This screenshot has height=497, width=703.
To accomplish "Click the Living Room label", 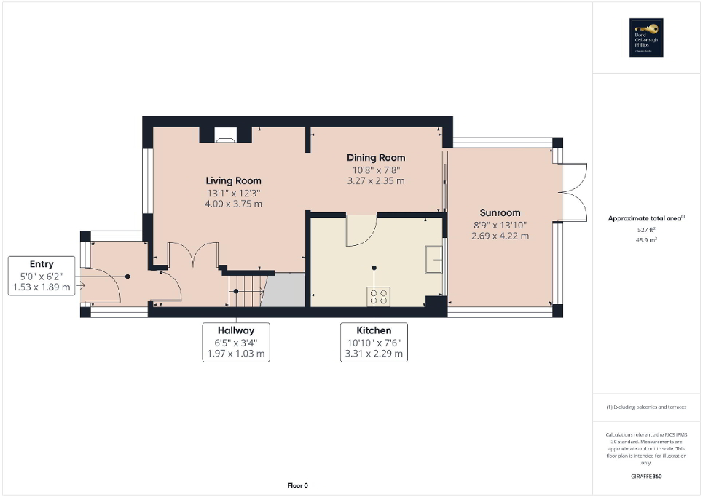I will (x=233, y=180).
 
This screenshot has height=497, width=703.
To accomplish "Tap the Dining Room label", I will (x=376, y=157).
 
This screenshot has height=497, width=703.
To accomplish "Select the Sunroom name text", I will (x=500, y=212).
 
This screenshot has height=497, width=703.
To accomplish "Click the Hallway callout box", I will (x=235, y=342).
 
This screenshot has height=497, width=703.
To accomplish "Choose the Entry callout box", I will (x=42, y=276).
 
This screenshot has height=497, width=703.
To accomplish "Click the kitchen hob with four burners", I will (x=378, y=295).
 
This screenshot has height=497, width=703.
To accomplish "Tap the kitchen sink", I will (x=436, y=258).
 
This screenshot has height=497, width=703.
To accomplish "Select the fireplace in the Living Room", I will (x=225, y=134).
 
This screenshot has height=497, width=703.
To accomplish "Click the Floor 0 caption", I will (x=296, y=485).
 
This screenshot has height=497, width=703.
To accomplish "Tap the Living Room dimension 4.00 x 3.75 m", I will (x=233, y=204).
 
